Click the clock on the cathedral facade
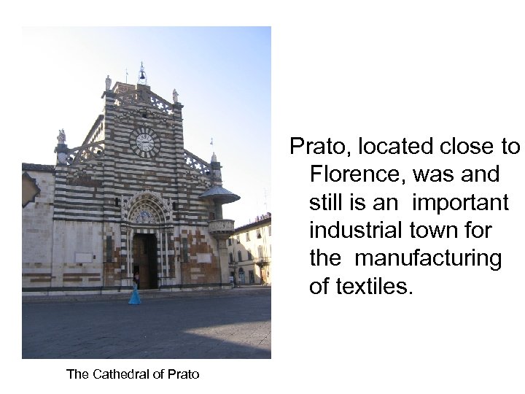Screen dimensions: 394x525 coord(145,142)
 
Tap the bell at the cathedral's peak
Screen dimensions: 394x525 coord(142,74)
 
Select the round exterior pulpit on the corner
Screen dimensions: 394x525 coord(221,228)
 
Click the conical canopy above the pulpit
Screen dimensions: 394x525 coord(219,194)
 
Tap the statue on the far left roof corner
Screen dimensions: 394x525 coord(61,136)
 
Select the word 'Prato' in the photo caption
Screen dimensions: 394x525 coord(182,374)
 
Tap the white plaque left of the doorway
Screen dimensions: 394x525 coord(85,257)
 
